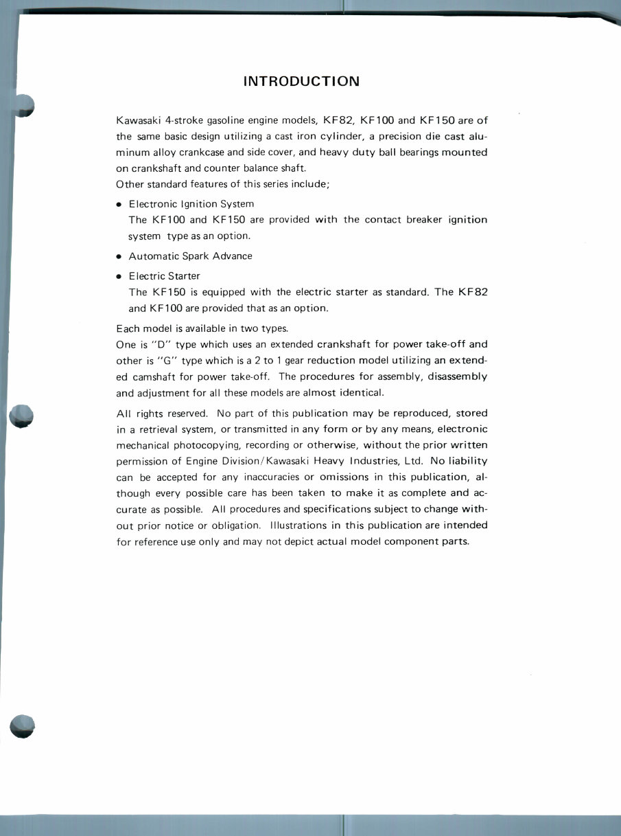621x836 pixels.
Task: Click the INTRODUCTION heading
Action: point(301,81)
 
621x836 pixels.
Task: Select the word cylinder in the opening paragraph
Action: point(338,136)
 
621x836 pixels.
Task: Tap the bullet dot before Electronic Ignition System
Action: point(119,205)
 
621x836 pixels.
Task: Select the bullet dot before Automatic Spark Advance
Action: point(119,257)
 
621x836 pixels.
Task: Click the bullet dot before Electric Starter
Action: point(119,277)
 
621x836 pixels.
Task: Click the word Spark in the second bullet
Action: point(196,256)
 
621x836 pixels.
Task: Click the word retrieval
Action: point(160,429)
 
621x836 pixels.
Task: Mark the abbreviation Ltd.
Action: point(408,461)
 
